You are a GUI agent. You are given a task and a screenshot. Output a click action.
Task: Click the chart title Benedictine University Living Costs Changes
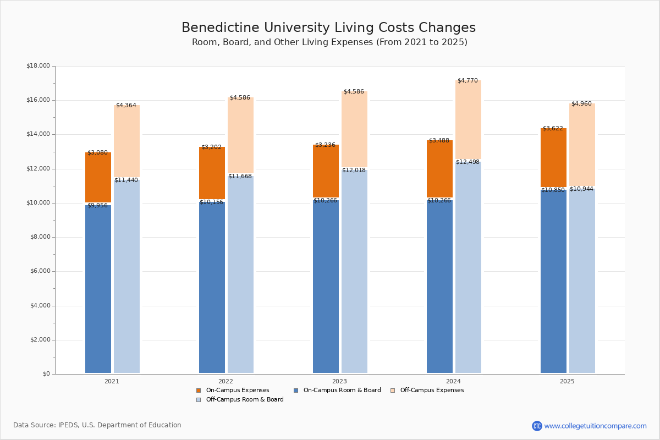(x=328, y=28)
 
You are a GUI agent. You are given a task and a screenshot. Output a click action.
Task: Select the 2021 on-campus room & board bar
(x=98, y=289)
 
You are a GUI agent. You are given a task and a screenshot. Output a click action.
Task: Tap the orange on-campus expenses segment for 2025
(x=553, y=158)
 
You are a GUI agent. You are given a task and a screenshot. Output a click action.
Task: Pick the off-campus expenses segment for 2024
(x=468, y=120)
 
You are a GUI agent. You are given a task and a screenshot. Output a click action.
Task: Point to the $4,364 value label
(x=126, y=106)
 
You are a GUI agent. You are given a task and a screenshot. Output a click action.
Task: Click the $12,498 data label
(x=468, y=162)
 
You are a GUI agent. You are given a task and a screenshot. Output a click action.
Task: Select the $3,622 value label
(x=553, y=129)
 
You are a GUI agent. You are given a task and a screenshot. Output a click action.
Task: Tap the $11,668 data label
(x=240, y=177)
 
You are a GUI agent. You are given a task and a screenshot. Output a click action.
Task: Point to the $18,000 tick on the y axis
(x=38, y=66)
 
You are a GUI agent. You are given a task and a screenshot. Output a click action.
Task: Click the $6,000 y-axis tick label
(x=38, y=271)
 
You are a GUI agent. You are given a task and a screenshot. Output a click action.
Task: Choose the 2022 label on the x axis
(x=226, y=381)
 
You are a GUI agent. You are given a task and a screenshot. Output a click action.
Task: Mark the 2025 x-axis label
(x=567, y=381)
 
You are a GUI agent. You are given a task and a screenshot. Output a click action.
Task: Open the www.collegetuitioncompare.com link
(x=595, y=426)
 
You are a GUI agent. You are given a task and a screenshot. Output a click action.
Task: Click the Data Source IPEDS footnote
(x=97, y=425)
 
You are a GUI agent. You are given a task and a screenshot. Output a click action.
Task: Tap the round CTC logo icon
(x=537, y=426)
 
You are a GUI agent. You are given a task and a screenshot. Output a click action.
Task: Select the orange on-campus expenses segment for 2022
(x=212, y=173)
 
